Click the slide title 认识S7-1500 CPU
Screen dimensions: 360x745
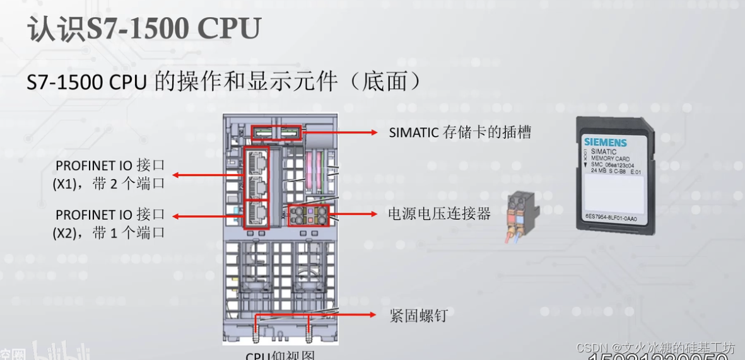[144, 30]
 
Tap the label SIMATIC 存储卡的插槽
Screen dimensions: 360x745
[460, 132]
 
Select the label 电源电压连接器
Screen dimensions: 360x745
[439, 214]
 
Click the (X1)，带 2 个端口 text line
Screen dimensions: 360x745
[108, 184]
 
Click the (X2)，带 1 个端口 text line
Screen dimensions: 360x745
[108, 233]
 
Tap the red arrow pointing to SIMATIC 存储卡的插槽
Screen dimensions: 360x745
[341, 132]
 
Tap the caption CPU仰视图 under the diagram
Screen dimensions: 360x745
[279, 356]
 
